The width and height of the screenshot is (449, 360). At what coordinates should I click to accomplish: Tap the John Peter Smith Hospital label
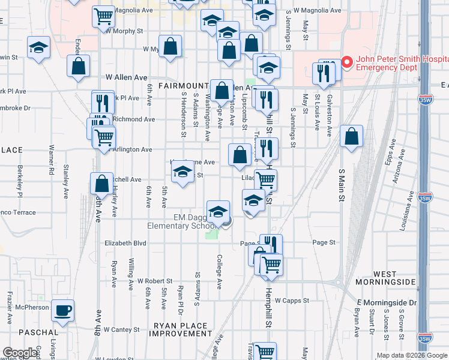[400, 63]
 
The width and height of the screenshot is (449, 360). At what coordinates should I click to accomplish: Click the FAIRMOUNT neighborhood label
[183, 86]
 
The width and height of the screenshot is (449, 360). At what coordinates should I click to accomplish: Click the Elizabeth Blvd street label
[125, 243]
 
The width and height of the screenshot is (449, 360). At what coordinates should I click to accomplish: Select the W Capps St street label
[290, 301]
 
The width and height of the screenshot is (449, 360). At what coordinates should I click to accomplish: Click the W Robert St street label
[155, 280]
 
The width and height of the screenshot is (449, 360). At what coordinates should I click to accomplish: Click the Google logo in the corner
[20, 353]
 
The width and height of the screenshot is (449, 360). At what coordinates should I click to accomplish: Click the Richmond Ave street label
[135, 119]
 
